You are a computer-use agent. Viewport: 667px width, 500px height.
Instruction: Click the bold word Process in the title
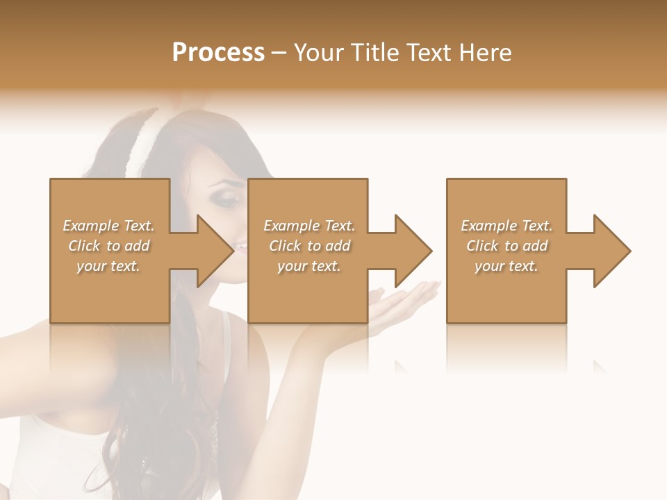tap(218, 53)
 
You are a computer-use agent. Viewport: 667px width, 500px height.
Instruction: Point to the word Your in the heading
tap(317, 53)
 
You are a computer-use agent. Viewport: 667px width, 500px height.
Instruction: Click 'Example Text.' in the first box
tap(108, 226)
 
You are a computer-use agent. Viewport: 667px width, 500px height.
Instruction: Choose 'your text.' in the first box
tap(108, 266)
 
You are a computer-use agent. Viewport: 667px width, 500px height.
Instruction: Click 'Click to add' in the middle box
tap(309, 246)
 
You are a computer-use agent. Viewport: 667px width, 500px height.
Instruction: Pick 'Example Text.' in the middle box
tap(309, 226)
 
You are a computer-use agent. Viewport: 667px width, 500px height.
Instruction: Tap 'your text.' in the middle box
tap(309, 266)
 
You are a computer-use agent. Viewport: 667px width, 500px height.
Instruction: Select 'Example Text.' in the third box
tap(507, 226)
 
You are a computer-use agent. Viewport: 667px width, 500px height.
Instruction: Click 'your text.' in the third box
tap(507, 266)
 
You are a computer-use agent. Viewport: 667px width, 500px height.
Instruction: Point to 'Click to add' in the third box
tap(507, 246)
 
